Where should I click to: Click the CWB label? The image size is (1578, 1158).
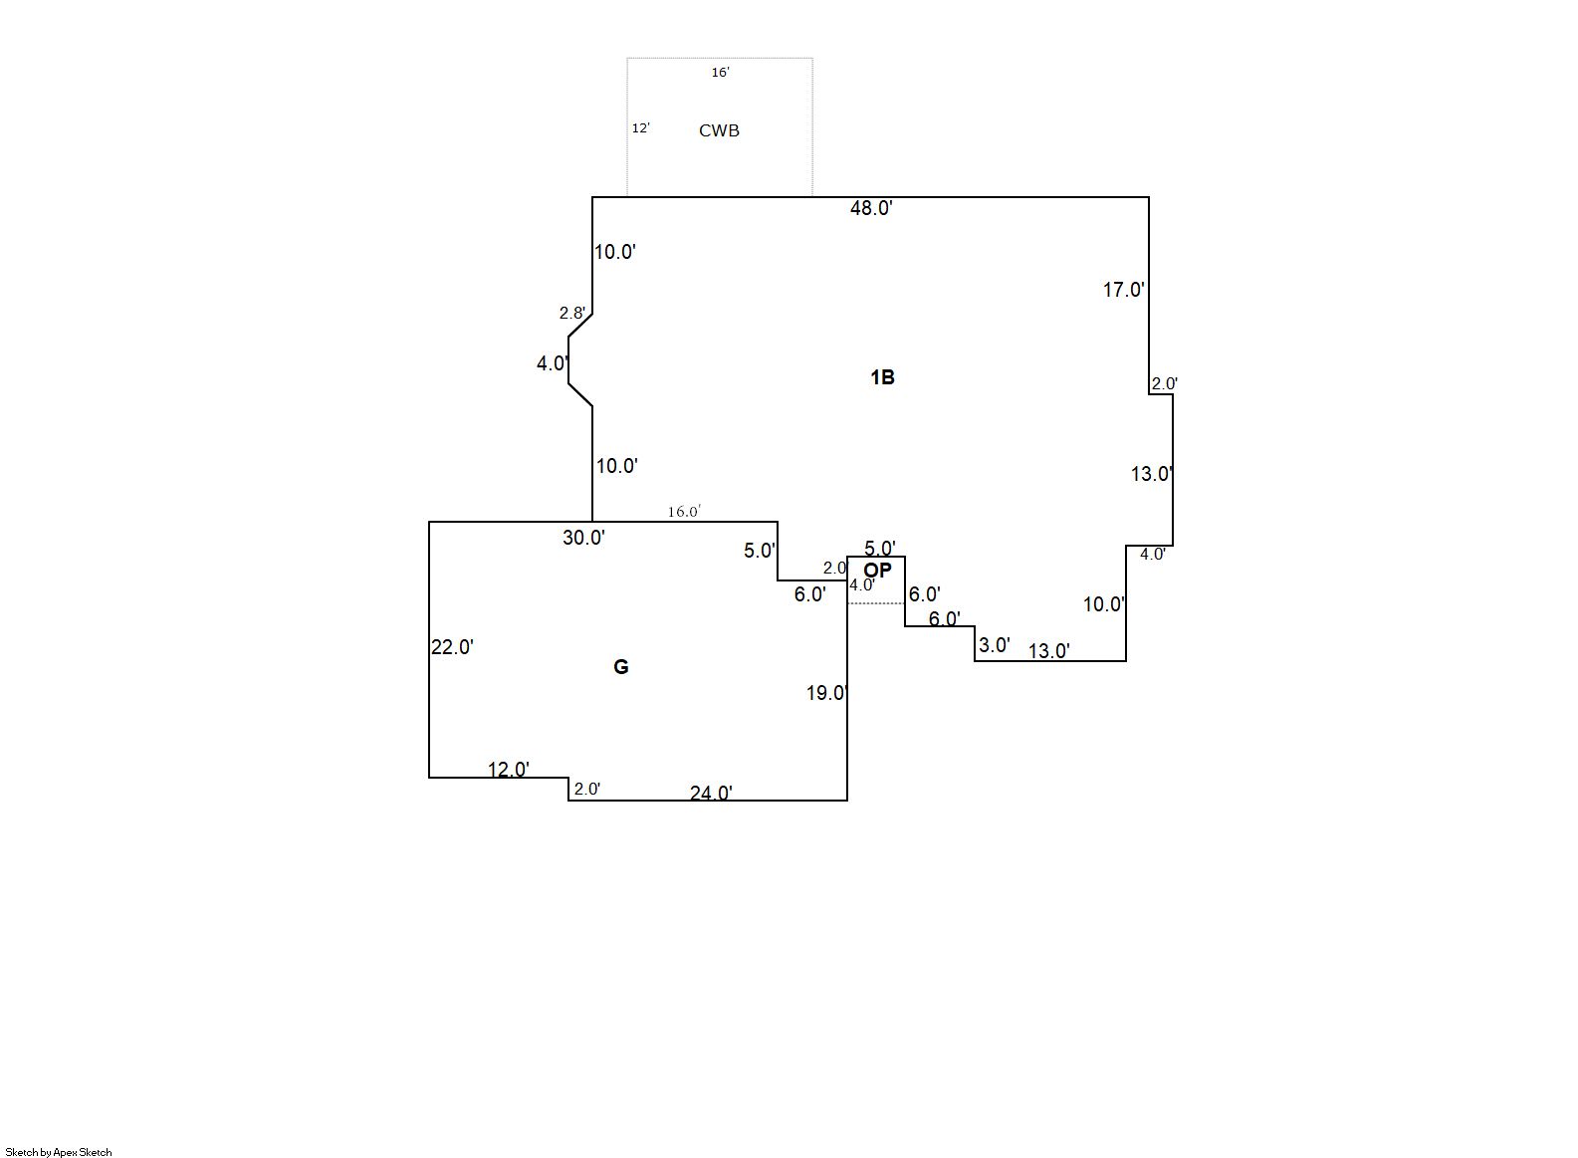tap(719, 130)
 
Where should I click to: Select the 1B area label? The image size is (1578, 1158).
tap(882, 377)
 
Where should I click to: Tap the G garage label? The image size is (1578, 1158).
tap(620, 666)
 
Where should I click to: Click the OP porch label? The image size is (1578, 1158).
tap(878, 570)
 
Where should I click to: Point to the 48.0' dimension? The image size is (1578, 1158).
tap(871, 208)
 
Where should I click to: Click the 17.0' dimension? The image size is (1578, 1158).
tap(1124, 290)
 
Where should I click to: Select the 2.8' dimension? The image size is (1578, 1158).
tap(572, 313)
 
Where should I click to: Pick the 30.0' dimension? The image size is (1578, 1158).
tap(583, 538)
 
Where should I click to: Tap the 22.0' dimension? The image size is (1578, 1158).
tap(452, 646)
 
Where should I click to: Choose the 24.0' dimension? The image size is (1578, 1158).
tap(711, 794)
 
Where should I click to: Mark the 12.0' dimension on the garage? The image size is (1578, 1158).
tap(509, 770)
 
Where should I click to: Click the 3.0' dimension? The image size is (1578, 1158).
tap(994, 644)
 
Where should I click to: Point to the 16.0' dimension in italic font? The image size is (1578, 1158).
tap(684, 512)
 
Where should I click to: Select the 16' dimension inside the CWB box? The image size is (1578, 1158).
tap(720, 72)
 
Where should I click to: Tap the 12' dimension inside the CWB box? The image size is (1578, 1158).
tap(640, 127)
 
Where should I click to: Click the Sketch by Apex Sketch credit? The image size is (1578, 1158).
tap(59, 1152)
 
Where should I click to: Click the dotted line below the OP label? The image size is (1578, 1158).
tap(876, 603)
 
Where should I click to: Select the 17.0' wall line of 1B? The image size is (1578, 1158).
tap(1149, 296)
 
